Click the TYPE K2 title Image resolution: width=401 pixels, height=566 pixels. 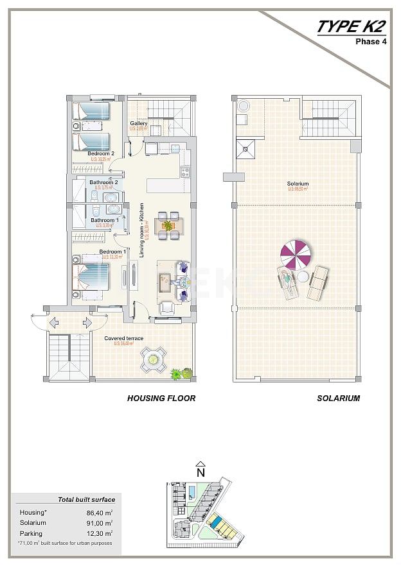pyautogui.click(x=351, y=27)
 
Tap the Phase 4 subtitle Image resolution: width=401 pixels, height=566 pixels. pyautogui.click(x=371, y=42)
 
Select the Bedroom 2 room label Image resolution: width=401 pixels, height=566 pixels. pyautogui.click(x=101, y=154)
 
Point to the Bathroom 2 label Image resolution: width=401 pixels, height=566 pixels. pyautogui.click(x=103, y=182)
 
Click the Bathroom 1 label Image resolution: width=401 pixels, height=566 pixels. pyautogui.click(x=103, y=220)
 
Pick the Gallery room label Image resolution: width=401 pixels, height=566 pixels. pyautogui.click(x=139, y=123)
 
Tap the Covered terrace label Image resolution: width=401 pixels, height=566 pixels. pyautogui.click(x=124, y=338)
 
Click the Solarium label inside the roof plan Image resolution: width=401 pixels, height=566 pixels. pyautogui.click(x=298, y=184)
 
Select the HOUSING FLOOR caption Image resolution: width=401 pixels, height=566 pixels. pyautogui.click(x=161, y=399)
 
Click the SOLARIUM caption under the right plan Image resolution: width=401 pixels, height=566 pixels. pyautogui.click(x=338, y=399)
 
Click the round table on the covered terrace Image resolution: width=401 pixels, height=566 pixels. pyautogui.click(x=154, y=359)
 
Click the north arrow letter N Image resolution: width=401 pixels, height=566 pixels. pyautogui.click(x=201, y=472)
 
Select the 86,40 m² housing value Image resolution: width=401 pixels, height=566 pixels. pyautogui.click(x=100, y=513)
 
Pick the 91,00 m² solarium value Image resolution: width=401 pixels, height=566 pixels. pyautogui.click(x=100, y=523)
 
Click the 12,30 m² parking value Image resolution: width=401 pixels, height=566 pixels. pyautogui.click(x=100, y=533)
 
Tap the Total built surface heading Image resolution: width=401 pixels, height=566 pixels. pyautogui.click(x=87, y=499)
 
